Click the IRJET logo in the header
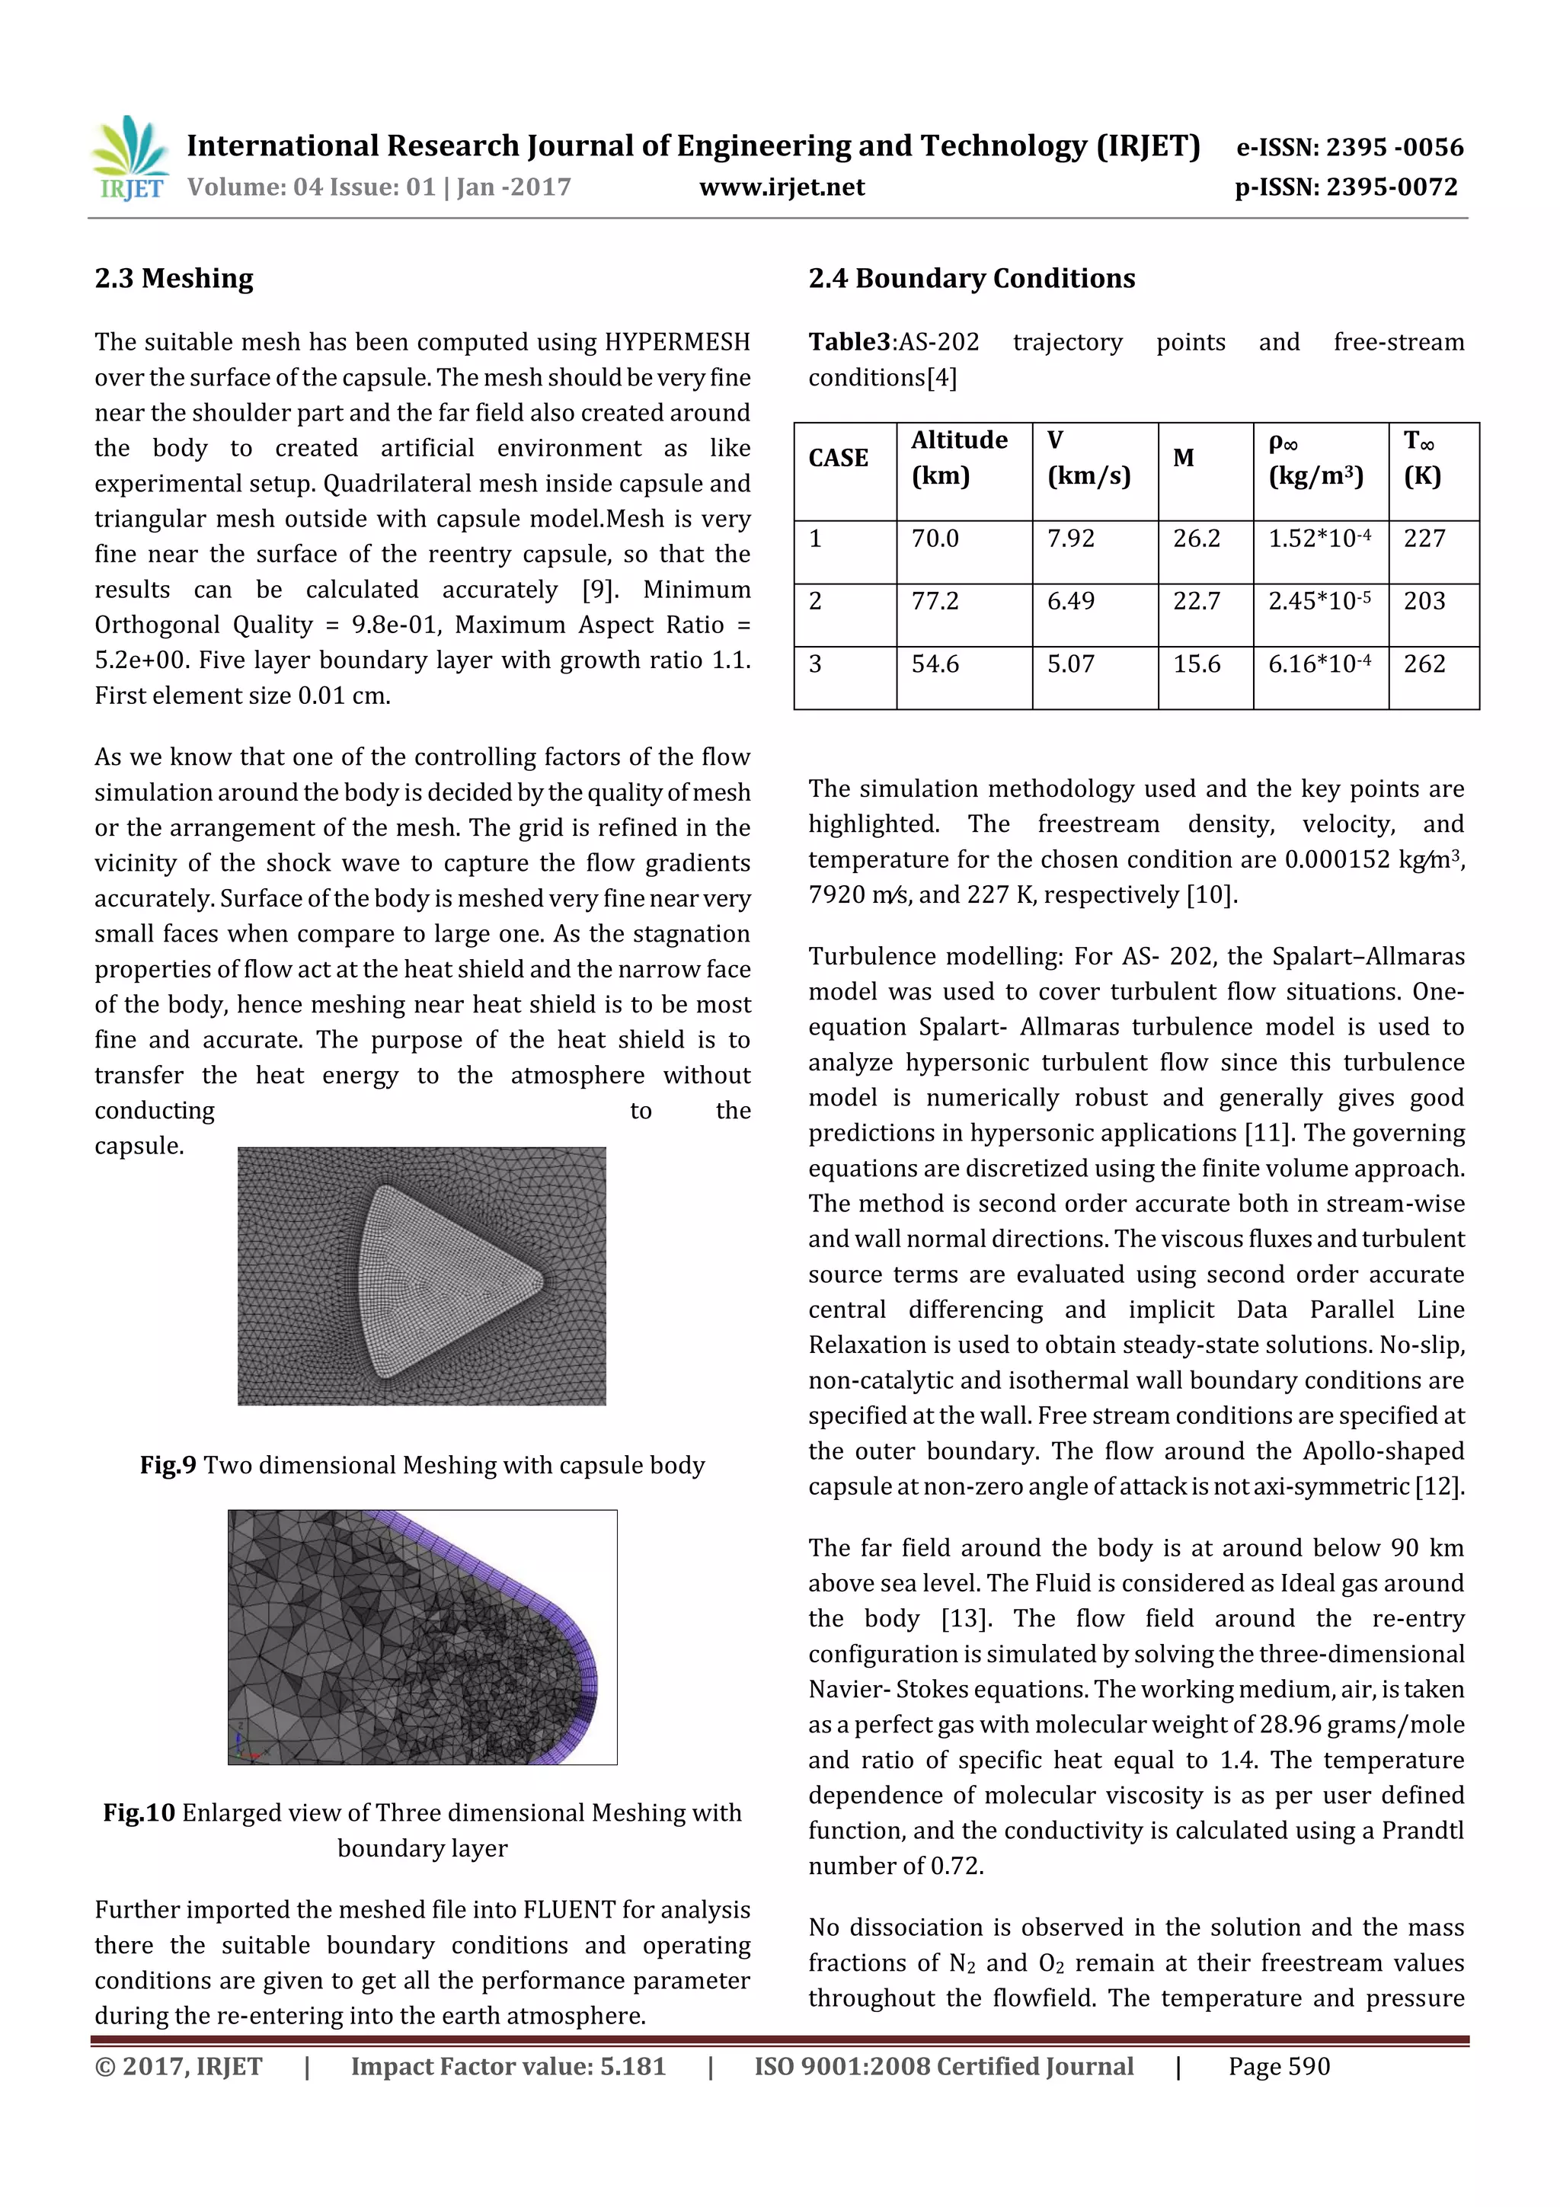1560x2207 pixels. tap(129, 158)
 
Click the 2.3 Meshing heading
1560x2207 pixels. tap(174, 279)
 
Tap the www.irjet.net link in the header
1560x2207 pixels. tap(782, 187)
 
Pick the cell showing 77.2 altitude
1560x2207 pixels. tap(935, 602)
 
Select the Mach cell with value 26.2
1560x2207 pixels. tap(1196, 539)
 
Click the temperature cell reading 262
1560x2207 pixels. tap(1424, 664)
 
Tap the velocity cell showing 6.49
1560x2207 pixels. tap(1071, 602)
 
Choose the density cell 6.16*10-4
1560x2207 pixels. tap(1319, 664)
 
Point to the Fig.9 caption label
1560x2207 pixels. tap(168, 1465)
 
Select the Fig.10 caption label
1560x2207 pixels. tap(139, 1813)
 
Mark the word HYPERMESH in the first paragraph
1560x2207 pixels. tap(676, 342)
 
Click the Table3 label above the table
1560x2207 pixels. tap(849, 342)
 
